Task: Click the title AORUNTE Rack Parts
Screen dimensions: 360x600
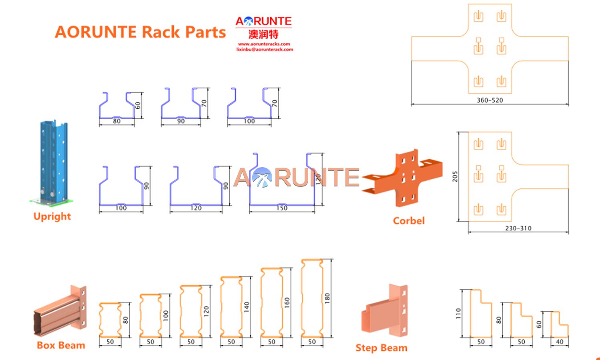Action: pos(140,32)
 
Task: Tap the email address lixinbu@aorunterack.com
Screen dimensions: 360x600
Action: pos(265,50)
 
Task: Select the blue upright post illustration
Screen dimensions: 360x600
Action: pos(52,160)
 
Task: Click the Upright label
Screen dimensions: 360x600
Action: pos(52,216)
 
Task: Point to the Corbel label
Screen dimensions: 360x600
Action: pos(409,221)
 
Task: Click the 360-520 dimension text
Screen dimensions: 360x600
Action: pos(490,100)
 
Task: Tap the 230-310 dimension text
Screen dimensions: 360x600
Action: pos(518,228)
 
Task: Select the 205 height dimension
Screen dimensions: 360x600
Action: pos(455,176)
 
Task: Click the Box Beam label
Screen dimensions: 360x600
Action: pos(61,345)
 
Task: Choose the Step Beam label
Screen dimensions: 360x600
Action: pos(381,348)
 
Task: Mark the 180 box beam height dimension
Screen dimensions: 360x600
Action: pos(327,298)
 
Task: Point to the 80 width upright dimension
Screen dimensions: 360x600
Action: pos(116,121)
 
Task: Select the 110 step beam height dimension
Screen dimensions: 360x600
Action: pos(458,313)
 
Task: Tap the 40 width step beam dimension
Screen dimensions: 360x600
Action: pos(560,342)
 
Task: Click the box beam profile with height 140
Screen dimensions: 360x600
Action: pos(231,306)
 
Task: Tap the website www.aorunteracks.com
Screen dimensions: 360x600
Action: pos(264,44)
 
